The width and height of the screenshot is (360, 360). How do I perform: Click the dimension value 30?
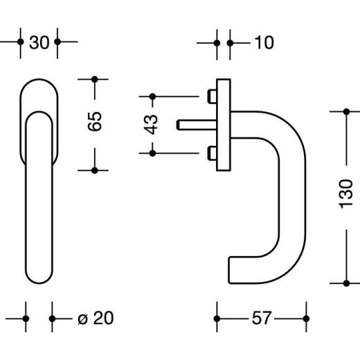pyautogui.click(x=39, y=42)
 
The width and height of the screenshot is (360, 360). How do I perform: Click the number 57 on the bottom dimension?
pyautogui.click(x=261, y=318)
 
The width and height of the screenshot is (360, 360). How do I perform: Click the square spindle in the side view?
pyautogui.click(x=195, y=124)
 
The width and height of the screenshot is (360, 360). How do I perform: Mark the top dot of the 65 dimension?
pyautogui.click(x=96, y=79)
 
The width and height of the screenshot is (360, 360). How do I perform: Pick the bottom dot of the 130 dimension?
pyautogui.click(x=346, y=282)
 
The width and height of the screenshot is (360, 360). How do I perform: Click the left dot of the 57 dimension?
pyautogui.click(x=217, y=318)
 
